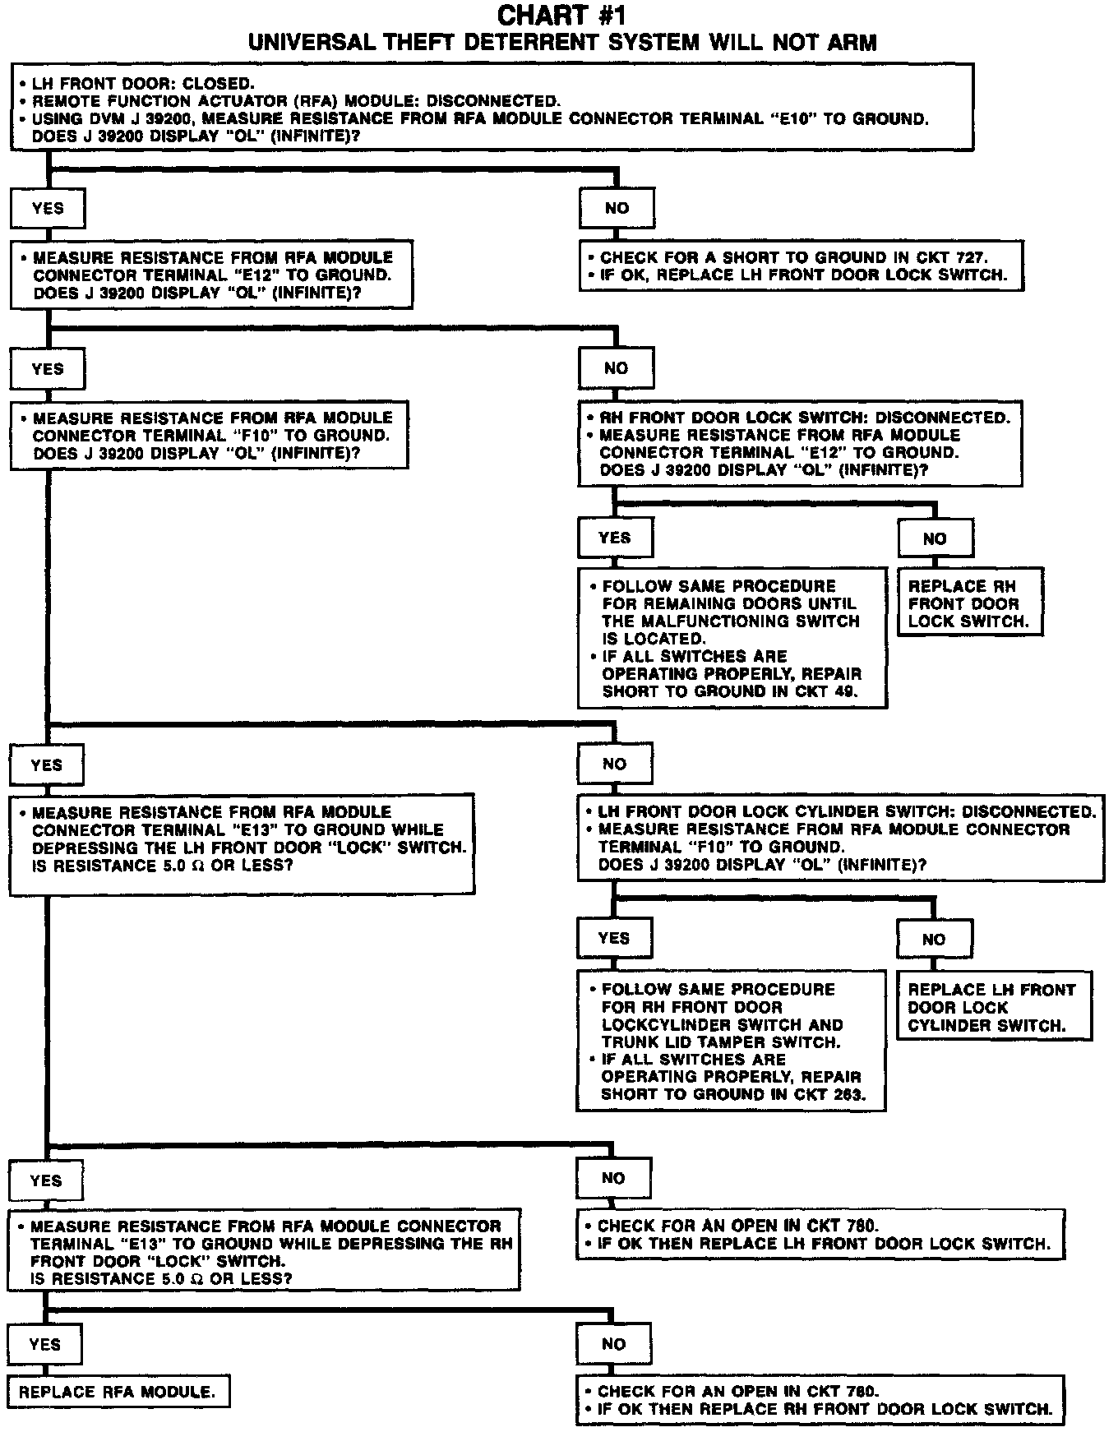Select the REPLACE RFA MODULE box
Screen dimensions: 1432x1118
point(118,1391)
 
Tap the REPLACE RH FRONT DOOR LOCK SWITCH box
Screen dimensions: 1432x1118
point(968,603)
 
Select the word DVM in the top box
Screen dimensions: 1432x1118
point(104,118)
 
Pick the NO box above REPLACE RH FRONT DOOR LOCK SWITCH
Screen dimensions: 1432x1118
point(935,539)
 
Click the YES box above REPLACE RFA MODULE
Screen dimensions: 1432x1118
point(45,1345)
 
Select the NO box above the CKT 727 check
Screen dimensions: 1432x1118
point(617,209)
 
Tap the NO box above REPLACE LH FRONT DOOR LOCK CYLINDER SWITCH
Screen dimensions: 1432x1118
point(934,939)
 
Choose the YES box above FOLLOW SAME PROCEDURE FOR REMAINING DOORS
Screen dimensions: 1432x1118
point(615,538)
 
